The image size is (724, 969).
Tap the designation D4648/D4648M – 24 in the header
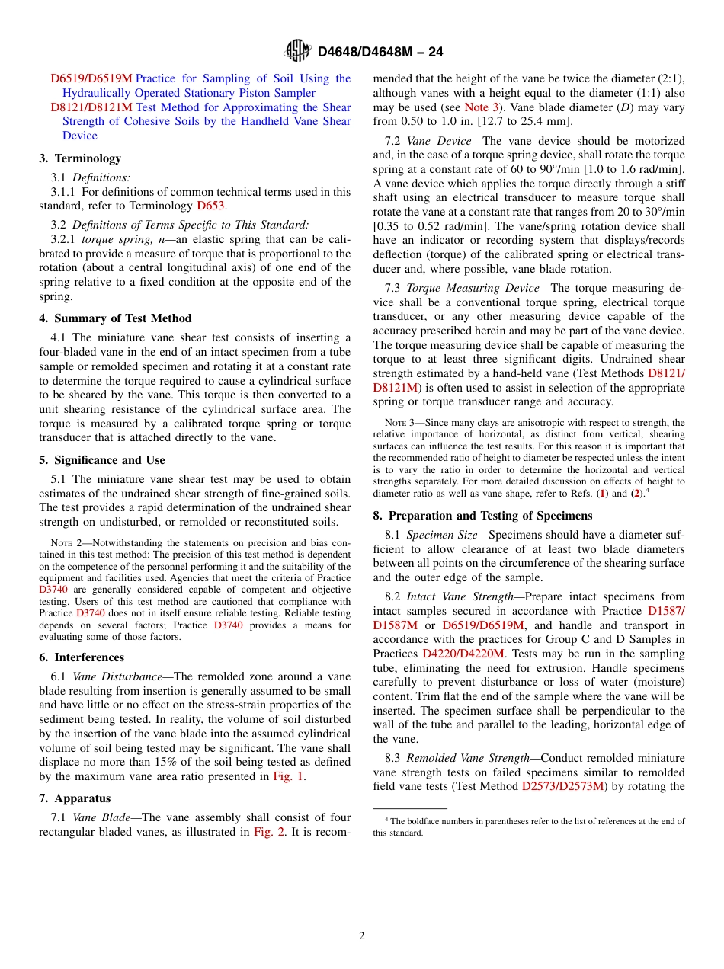(380, 52)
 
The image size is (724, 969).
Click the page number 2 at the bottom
(362, 935)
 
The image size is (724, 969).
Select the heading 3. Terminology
(80, 158)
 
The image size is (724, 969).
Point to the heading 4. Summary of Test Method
(115, 318)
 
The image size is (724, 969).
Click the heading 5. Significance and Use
(102, 460)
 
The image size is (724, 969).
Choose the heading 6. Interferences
(82, 657)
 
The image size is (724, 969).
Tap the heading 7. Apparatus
(75, 798)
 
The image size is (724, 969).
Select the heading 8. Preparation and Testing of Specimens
(482, 516)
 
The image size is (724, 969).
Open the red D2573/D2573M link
(562, 786)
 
